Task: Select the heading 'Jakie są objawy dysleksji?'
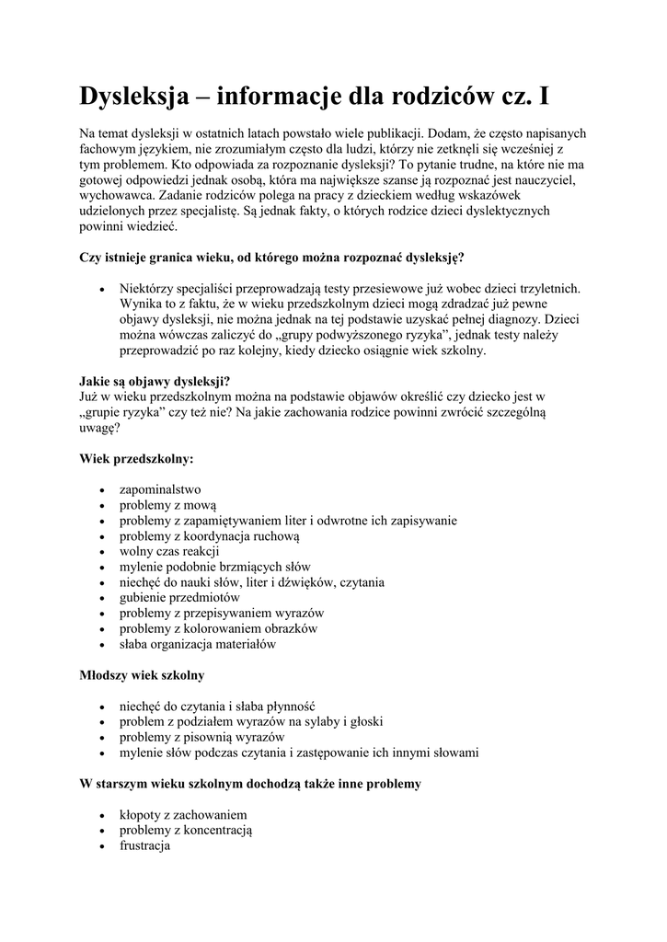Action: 155,381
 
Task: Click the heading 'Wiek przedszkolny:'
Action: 137,458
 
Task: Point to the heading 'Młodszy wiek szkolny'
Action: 142,676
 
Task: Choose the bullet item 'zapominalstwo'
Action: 160,489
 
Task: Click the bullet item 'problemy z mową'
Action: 167,505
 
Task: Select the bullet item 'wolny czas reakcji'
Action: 169,551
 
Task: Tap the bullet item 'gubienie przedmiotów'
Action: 179,598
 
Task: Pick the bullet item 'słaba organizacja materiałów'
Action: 198,645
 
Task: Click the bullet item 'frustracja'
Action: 145,846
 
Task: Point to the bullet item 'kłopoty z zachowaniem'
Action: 183,815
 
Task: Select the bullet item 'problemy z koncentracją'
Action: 186,831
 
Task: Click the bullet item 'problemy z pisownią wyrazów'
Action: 201,738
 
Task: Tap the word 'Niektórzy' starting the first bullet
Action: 148,288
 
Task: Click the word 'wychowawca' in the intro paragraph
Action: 117,196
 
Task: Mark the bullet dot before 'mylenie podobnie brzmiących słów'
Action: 100,568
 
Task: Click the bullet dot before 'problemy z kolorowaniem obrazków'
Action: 100,629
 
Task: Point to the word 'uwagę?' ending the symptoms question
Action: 99,428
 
